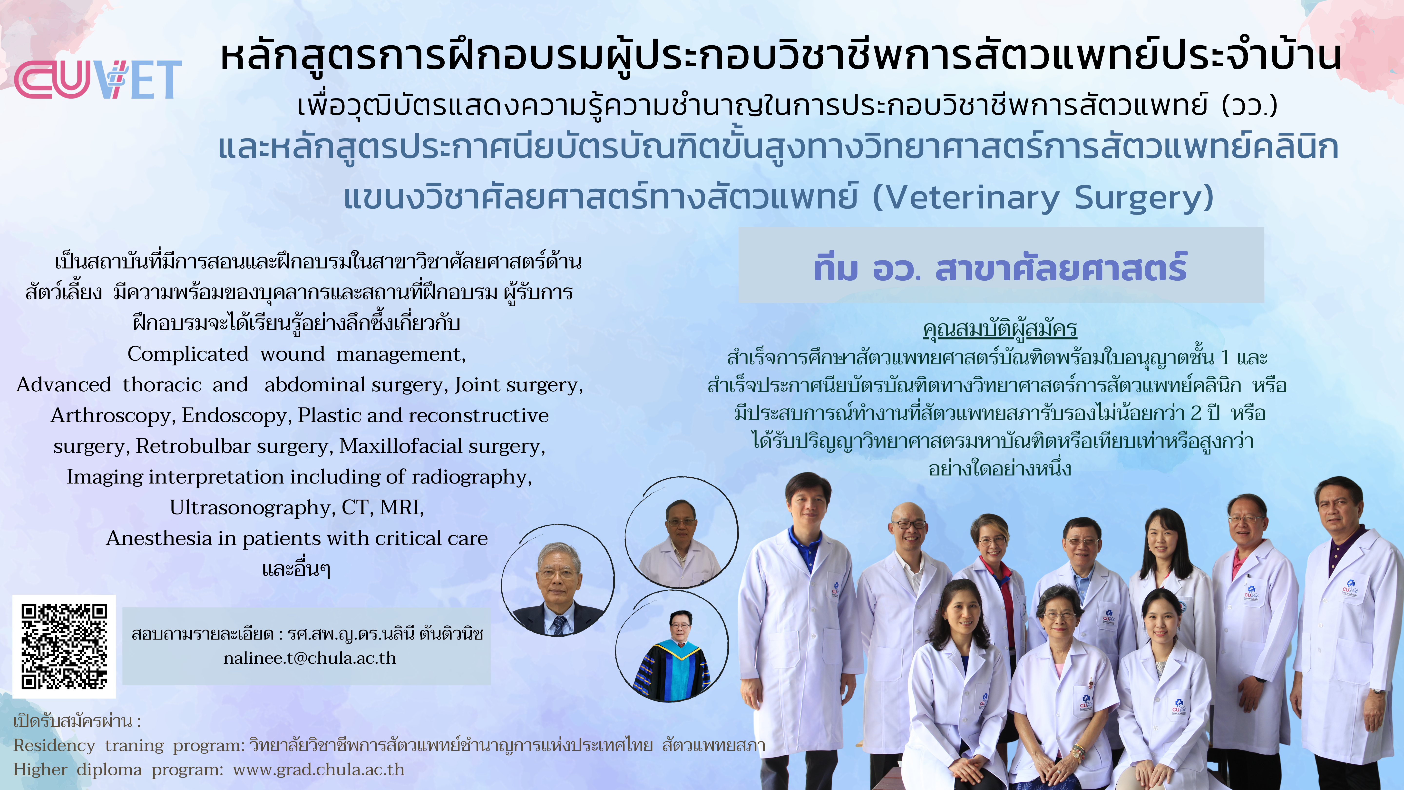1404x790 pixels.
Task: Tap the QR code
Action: tap(64, 647)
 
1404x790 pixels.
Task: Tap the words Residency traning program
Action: tap(129, 745)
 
